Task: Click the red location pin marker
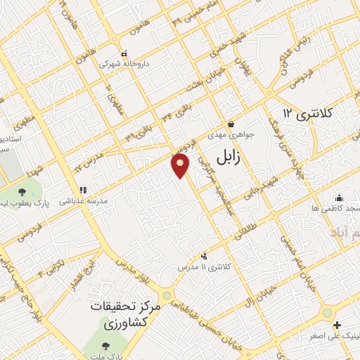pyautogui.click(x=181, y=165)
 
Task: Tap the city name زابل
pyautogui.click(x=226, y=156)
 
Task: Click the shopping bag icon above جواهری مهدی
pyautogui.click(x=231, y=124)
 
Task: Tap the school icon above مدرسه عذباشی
pyautogui.click(x=83, y=189)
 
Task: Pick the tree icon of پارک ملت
pyautogui.click(x=105, y=346)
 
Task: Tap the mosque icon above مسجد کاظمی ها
pyautogui.click(x=340, y=198)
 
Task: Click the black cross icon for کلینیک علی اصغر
pyautogui.click(x=337, y=325)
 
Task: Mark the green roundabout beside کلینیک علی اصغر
pyautogui.click(x=326, y=311)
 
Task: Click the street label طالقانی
pyautogui.click(x=246, y=233)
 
